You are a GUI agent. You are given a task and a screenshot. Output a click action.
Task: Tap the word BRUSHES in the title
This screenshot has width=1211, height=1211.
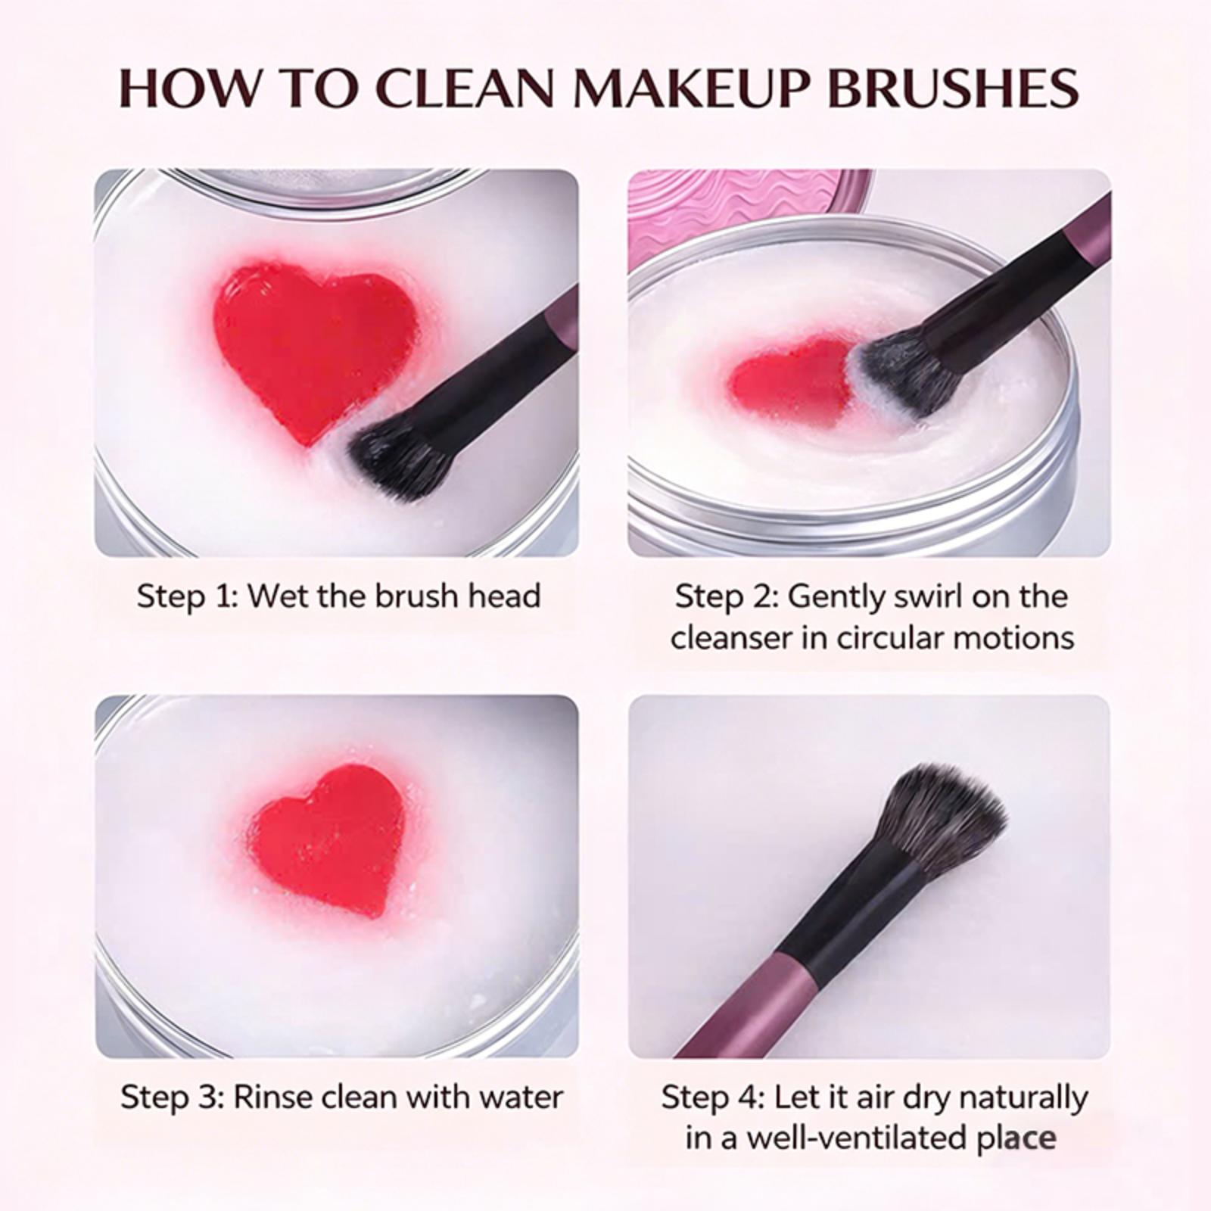click(x=954, y=88)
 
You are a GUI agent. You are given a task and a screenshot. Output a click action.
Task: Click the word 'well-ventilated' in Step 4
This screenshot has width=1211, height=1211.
click(x=860, y=1139)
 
